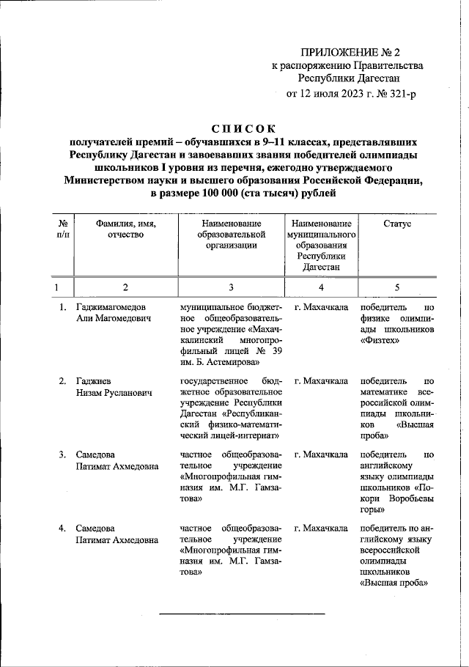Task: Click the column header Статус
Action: pyautogui.click(x=396, y=223)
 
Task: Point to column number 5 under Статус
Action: pyautogui.click(x=396, y=287)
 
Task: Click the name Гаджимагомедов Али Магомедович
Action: pyautogui.click(x=115, y=314)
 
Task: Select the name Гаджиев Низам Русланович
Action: pyautogui.click(x=114, y=387)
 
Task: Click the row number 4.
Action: pyautogui.click(x=63, y=528)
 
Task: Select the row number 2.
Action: pyautogui.click(x=63, y=381)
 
